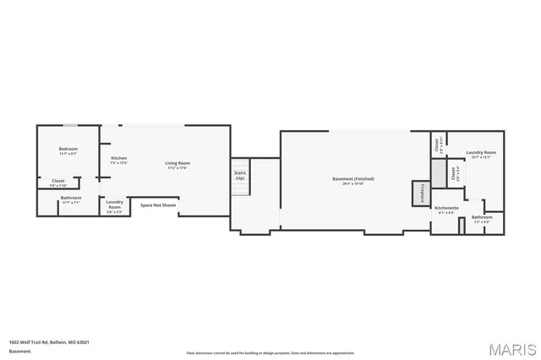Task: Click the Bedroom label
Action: [68, 149]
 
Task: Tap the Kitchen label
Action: [119, 158]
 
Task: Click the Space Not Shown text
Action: [158, 205]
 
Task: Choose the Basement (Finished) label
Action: [352, 178]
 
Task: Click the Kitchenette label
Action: [446, 207]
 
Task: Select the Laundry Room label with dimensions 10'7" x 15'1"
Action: [481, 153]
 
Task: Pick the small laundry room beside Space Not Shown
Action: [114, 204]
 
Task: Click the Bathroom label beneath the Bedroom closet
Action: [71, 198]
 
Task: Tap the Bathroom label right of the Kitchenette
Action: [482, 217]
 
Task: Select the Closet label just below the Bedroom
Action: [58, 180]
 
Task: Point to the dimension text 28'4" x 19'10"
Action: [352, 183]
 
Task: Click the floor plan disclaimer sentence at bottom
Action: [270, 352]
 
